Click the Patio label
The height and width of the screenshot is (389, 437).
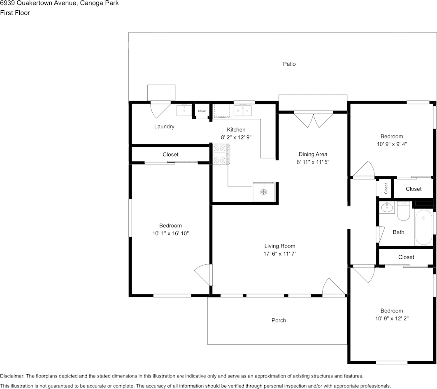click(x=289, y=64)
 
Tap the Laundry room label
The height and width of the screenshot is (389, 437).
click(x=164, y=126)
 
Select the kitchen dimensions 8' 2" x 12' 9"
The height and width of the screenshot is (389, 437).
click(x=236, y=137)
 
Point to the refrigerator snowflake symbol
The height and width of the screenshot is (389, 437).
click(x=263, y=192)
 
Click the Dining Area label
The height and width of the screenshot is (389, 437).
click(x=313, y=154)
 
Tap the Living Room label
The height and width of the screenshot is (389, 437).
click(x=280, y=246)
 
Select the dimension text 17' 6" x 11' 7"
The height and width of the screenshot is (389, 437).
click(x=280, y=254)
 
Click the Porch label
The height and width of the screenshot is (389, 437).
click(x=279, y=320)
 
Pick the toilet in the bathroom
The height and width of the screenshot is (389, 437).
click(x=403, y=211)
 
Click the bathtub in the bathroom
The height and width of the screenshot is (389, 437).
click(x=423, y=227)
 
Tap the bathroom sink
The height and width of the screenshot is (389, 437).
click(x=387, y=207)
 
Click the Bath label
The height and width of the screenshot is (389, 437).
click(x=399, y=232)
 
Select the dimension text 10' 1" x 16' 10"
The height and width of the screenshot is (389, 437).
click(x=171, y=233)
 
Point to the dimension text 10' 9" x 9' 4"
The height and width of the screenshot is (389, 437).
click(x=392, y=144)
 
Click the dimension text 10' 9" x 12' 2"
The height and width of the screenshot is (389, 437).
click(x=392, y=318)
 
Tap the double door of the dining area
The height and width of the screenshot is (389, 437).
click(x=314, y=120)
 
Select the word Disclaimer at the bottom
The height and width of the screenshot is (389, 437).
click(x=12, y=376)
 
